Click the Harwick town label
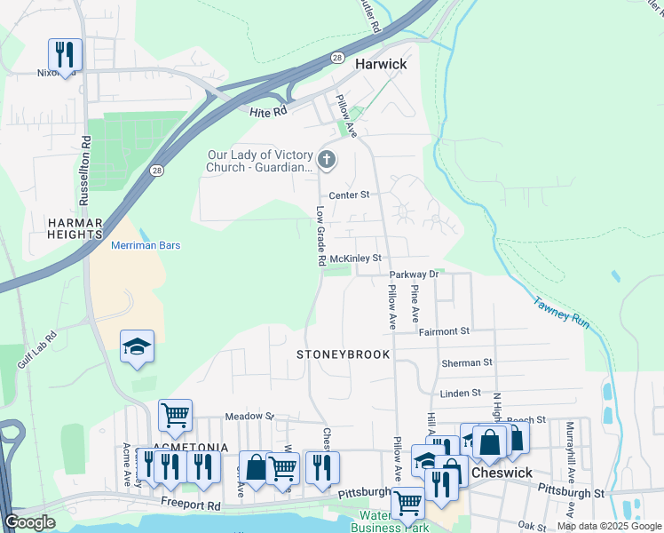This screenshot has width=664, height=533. click(381, 64)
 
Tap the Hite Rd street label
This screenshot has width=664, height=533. click(268, 112)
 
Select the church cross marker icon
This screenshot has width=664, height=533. click(327, 161)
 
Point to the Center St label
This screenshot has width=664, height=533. click(348, 195)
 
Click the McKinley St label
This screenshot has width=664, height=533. click(355, 259)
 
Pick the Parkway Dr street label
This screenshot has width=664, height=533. click(414, 274)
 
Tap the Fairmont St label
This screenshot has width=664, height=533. click(444, 331)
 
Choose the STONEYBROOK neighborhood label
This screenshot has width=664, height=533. click(344, 354)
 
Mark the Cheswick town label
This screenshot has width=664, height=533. click(502, 473)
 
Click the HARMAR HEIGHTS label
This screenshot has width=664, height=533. click(75, 228)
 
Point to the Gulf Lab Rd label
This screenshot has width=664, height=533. click(37, 350)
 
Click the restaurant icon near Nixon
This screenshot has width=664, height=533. click(65, 54)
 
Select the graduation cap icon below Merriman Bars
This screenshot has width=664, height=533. click(138, 346)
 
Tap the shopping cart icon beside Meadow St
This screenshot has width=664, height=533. click(175, 414)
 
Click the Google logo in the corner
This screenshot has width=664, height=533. click(30, 522)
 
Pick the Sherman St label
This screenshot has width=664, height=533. click(467, 362)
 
